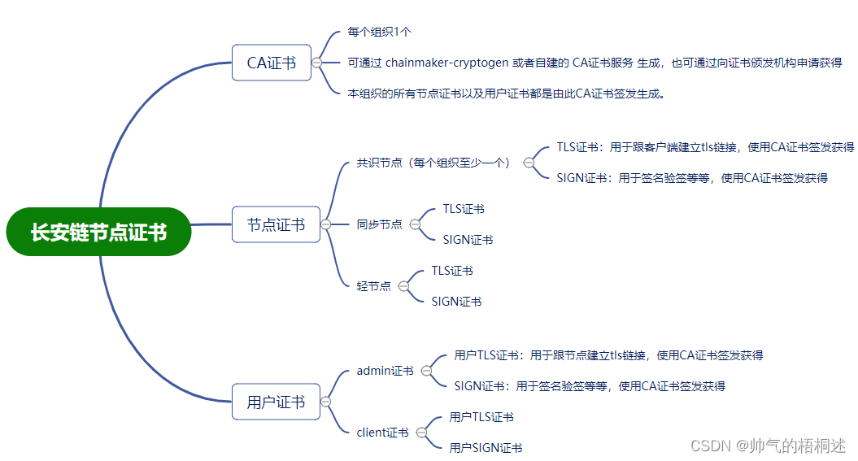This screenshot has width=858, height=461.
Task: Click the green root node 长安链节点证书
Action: click(98, 232)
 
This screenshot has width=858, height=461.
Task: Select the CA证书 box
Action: click(272, 63)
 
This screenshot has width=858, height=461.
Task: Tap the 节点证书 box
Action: click(276, 224)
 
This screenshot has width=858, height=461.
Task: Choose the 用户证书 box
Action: click(276, 402)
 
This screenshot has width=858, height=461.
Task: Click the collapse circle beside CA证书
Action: click(316, 63)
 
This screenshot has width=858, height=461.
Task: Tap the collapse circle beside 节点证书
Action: click(325, 224)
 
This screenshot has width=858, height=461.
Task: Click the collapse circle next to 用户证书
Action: click(325, 402)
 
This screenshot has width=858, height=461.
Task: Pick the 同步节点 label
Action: click(379, 224)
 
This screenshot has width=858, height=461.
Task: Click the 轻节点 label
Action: click(373, 286)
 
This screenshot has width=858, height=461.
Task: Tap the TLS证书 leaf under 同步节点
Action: click(464, 209)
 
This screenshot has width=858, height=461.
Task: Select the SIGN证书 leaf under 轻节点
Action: click(456, 302)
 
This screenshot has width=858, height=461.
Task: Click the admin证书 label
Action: click(385, 371)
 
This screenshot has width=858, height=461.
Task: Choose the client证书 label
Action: click(382, 433)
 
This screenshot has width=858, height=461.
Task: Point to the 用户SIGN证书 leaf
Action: click(486, 448)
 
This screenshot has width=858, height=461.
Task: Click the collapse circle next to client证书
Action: click(421, 433)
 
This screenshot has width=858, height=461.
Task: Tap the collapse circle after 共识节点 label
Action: click(529, 163)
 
